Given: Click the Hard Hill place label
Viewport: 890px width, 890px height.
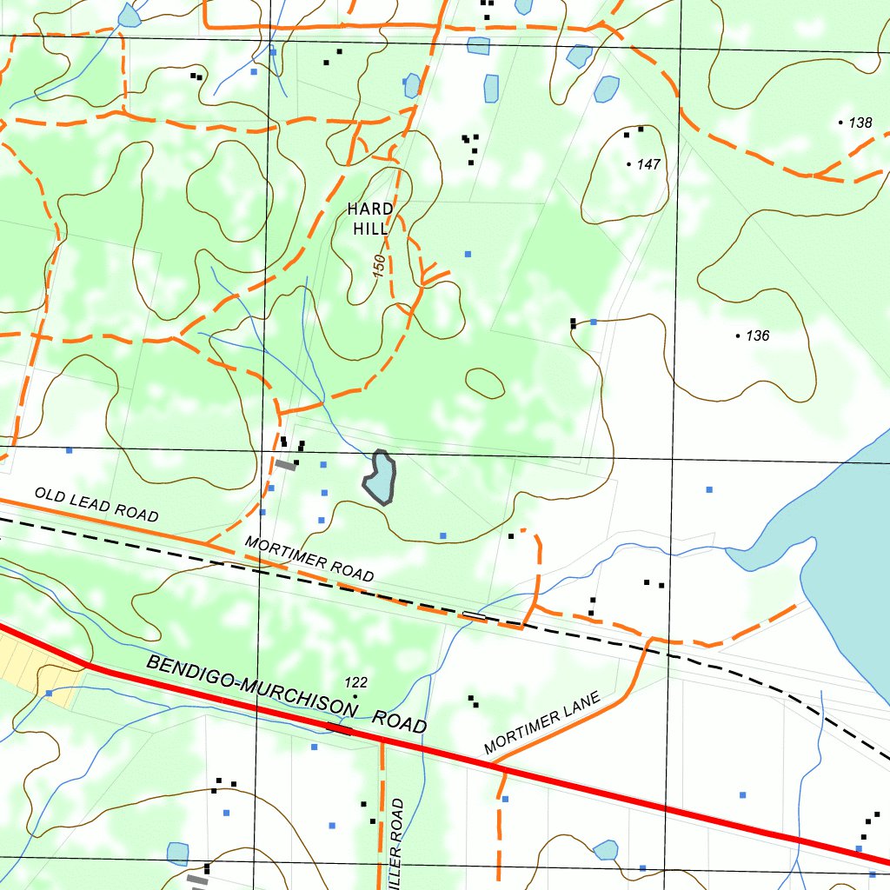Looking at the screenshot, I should [369, 219].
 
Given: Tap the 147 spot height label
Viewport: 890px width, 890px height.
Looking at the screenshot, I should [648, 164].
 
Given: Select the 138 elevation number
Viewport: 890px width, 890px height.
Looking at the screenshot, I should [860, 123].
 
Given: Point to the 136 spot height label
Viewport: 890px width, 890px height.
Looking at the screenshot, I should [758, 335].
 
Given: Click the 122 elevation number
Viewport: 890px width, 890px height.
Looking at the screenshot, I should [356, 682].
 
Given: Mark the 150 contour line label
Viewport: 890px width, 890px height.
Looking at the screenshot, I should [380, 266].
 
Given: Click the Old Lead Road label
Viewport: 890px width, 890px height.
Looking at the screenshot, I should [96, 505].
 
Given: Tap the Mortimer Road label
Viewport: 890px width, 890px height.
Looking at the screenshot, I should [309, 559].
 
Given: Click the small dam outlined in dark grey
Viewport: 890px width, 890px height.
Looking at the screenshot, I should [380, 477].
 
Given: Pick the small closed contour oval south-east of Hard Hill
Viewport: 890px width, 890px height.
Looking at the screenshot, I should [485, 382].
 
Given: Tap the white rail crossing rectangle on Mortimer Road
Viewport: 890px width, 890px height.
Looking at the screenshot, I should [475, 615].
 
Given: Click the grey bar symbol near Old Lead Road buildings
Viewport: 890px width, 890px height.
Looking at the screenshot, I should [286, 465].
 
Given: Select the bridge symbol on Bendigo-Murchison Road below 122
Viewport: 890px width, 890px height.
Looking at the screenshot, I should [338, 727].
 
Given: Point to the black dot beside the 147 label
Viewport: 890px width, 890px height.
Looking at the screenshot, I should [629, 163].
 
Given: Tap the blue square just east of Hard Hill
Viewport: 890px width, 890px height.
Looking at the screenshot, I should [468, 254].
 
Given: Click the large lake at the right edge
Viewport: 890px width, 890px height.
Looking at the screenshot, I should [847, 556].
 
